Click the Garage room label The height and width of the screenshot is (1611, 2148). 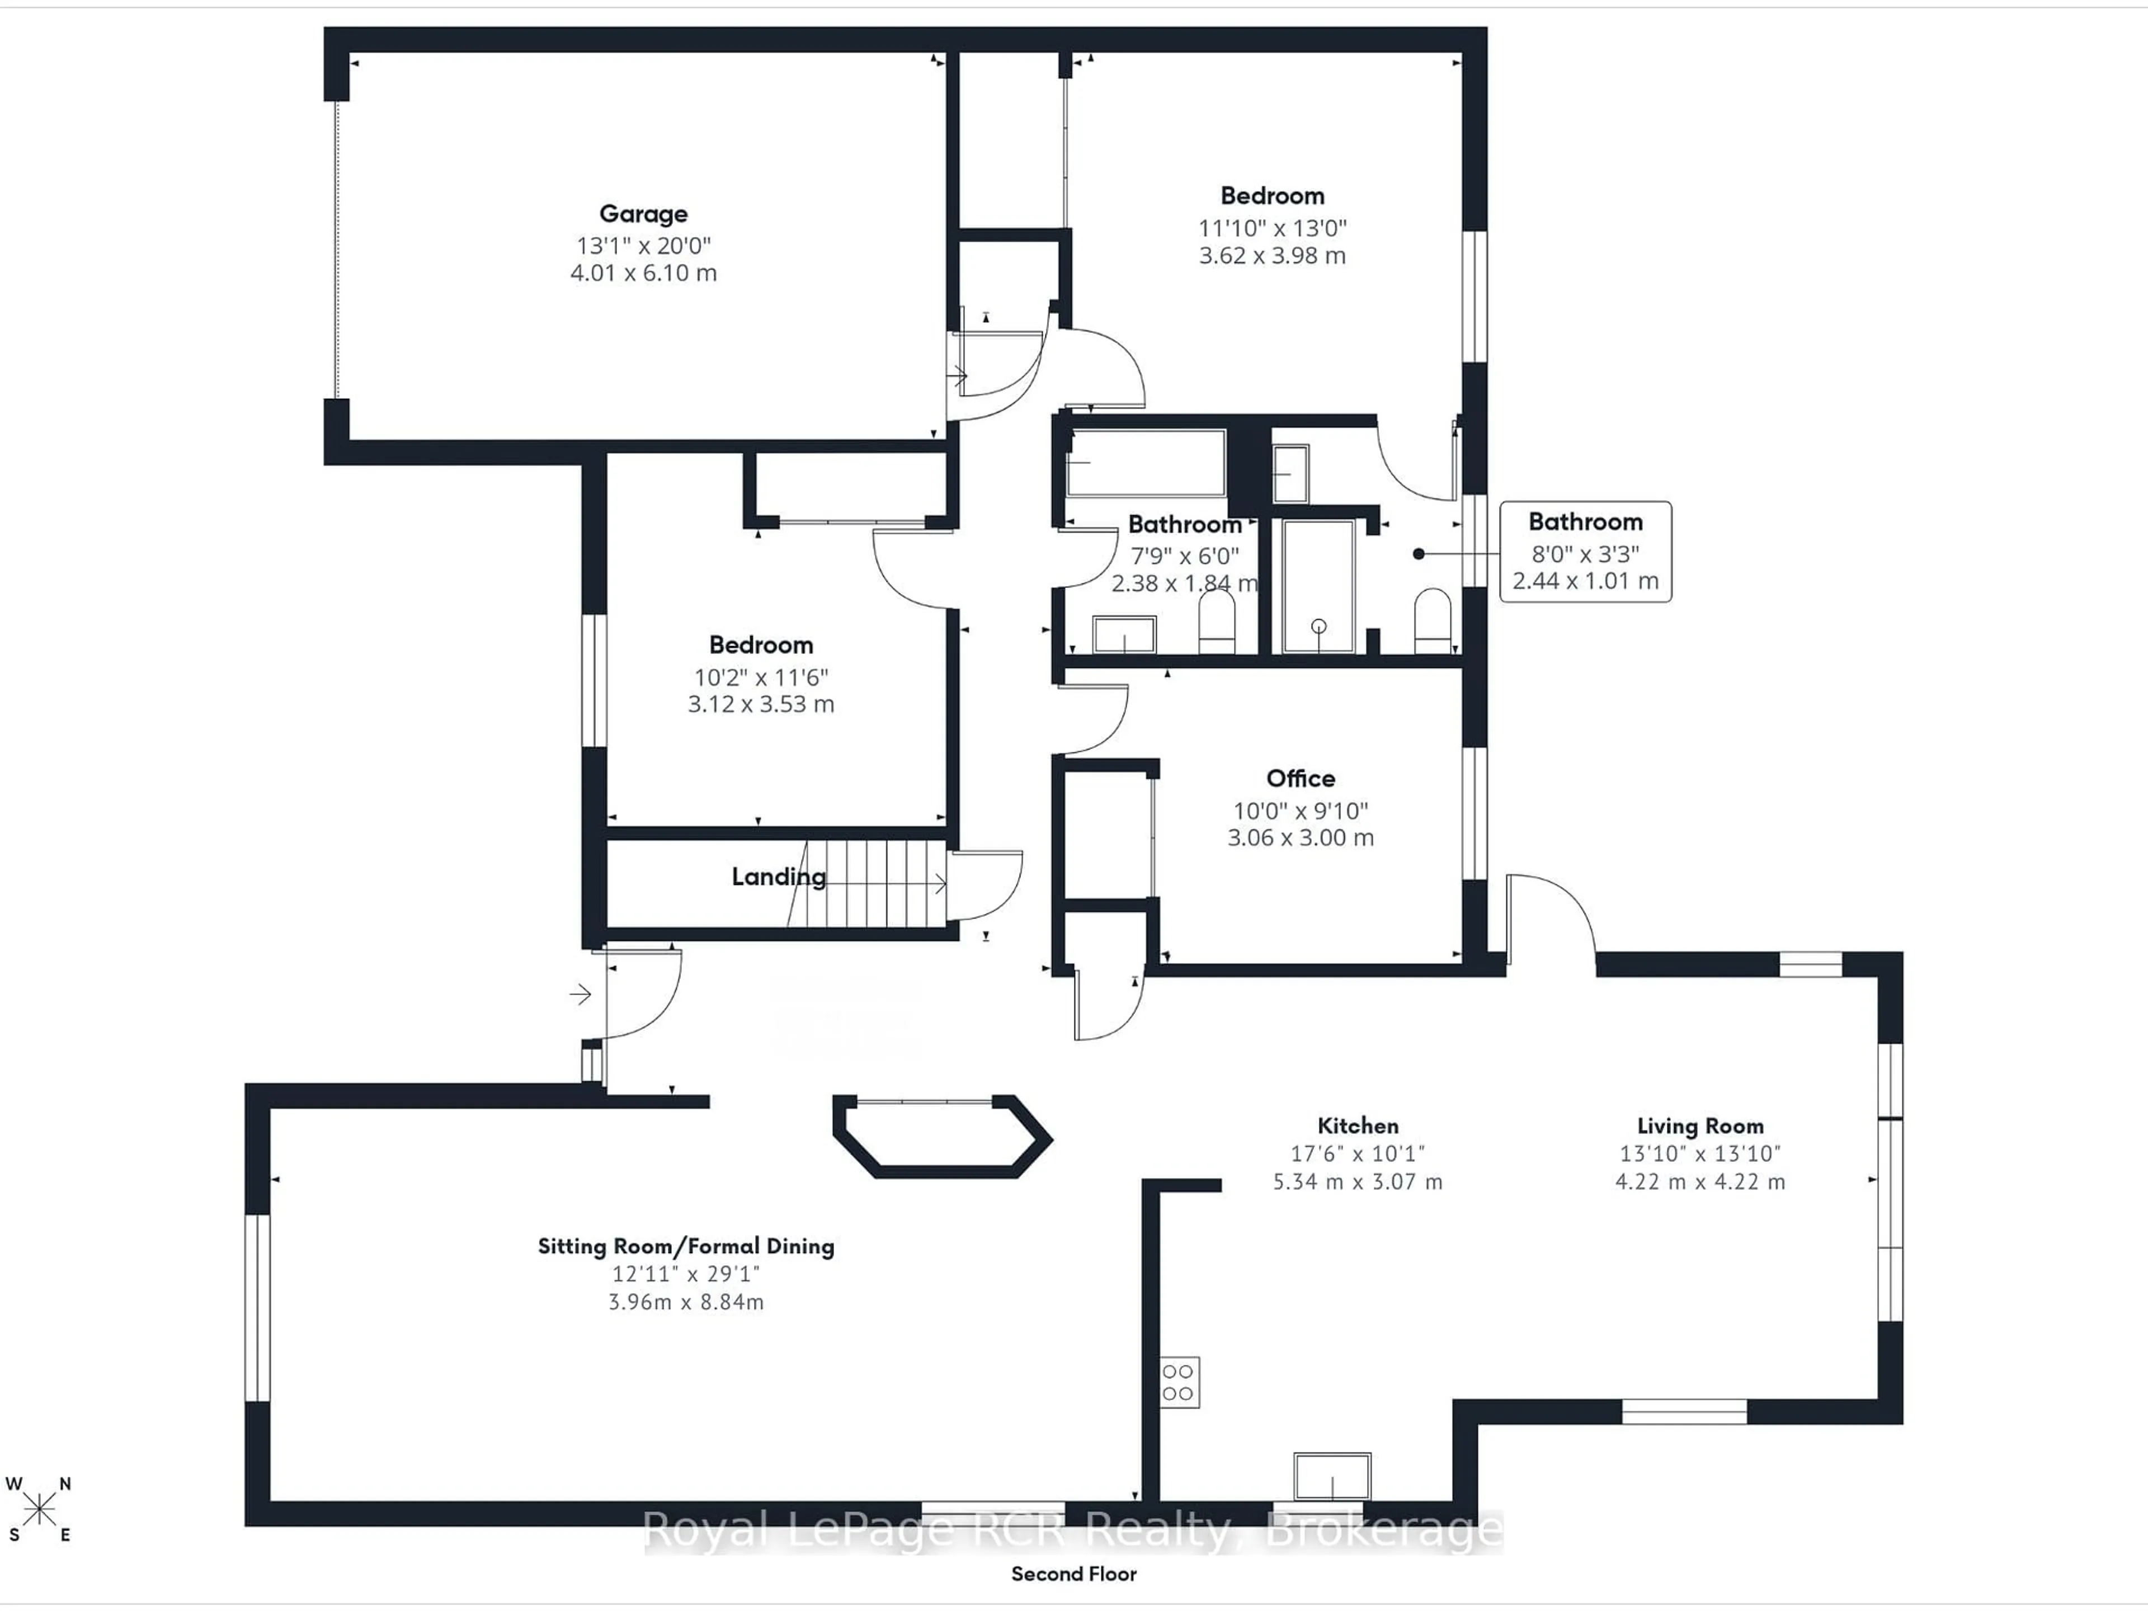pyautogui.click(x=643, y=214)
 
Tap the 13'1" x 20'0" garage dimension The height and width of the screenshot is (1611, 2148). pyautogui.click(x=643, y=246)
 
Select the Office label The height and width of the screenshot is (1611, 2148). pyautogui.click(x=1300, y=778)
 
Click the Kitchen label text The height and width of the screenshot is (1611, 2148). pyautogui.click(x=1358, y=1125)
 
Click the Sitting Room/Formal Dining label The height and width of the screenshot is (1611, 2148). pyautogui.click(x=686, y=1246)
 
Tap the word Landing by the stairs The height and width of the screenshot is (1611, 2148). pyautogui.click(x=778, y=877)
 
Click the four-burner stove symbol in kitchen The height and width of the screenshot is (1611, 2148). pyautogui.click(x=1179, y=1382)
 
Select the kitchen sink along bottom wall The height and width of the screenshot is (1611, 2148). pyautogui.click(x=1331, y=1477)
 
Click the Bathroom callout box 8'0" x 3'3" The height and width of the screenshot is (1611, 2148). pyautogui.click(x=1585, y=552)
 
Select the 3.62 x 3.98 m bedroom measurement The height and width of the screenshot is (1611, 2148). pyautogui.click(x=1272, y=256)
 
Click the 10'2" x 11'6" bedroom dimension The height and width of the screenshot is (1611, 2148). pyautogui.click(x=760, y=677)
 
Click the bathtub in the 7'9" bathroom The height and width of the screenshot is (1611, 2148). pyautogui.click(x=1146, y=463)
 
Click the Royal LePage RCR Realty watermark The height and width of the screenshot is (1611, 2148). pyautogui.click(x=1073, y=1532)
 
